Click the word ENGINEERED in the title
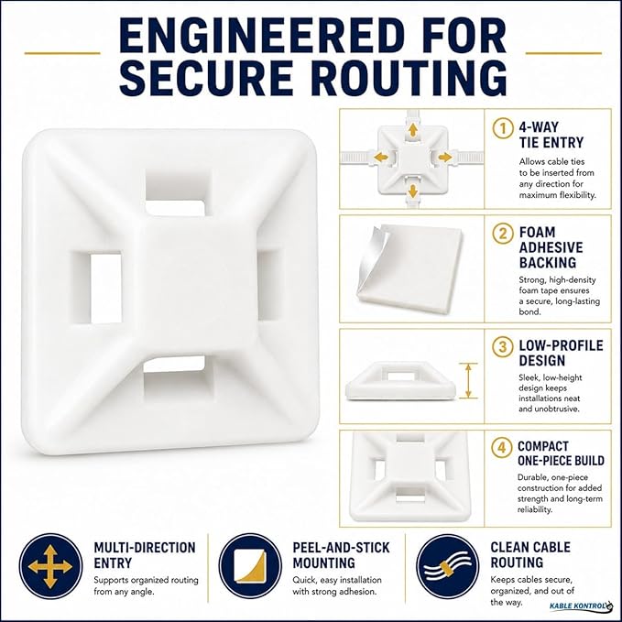coord(263,36)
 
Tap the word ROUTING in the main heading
coord(411,77)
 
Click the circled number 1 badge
coord(503,128)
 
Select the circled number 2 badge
coord(503,234)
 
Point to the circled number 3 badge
coord(503,346)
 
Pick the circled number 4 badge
coord(502,447)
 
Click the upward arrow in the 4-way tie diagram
coord(413,130)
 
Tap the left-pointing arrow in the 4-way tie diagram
coord(381,157)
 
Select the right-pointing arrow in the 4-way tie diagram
coord(445,157)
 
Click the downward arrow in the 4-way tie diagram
coord(413,191)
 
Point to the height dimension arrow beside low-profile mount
coord(468,380)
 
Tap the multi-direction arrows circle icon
coord(50,566)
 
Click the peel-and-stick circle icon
coord(250,566)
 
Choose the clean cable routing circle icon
coord(448,566)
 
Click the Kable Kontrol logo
coord(581,606)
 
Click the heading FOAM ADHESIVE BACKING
coord(551,247)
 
